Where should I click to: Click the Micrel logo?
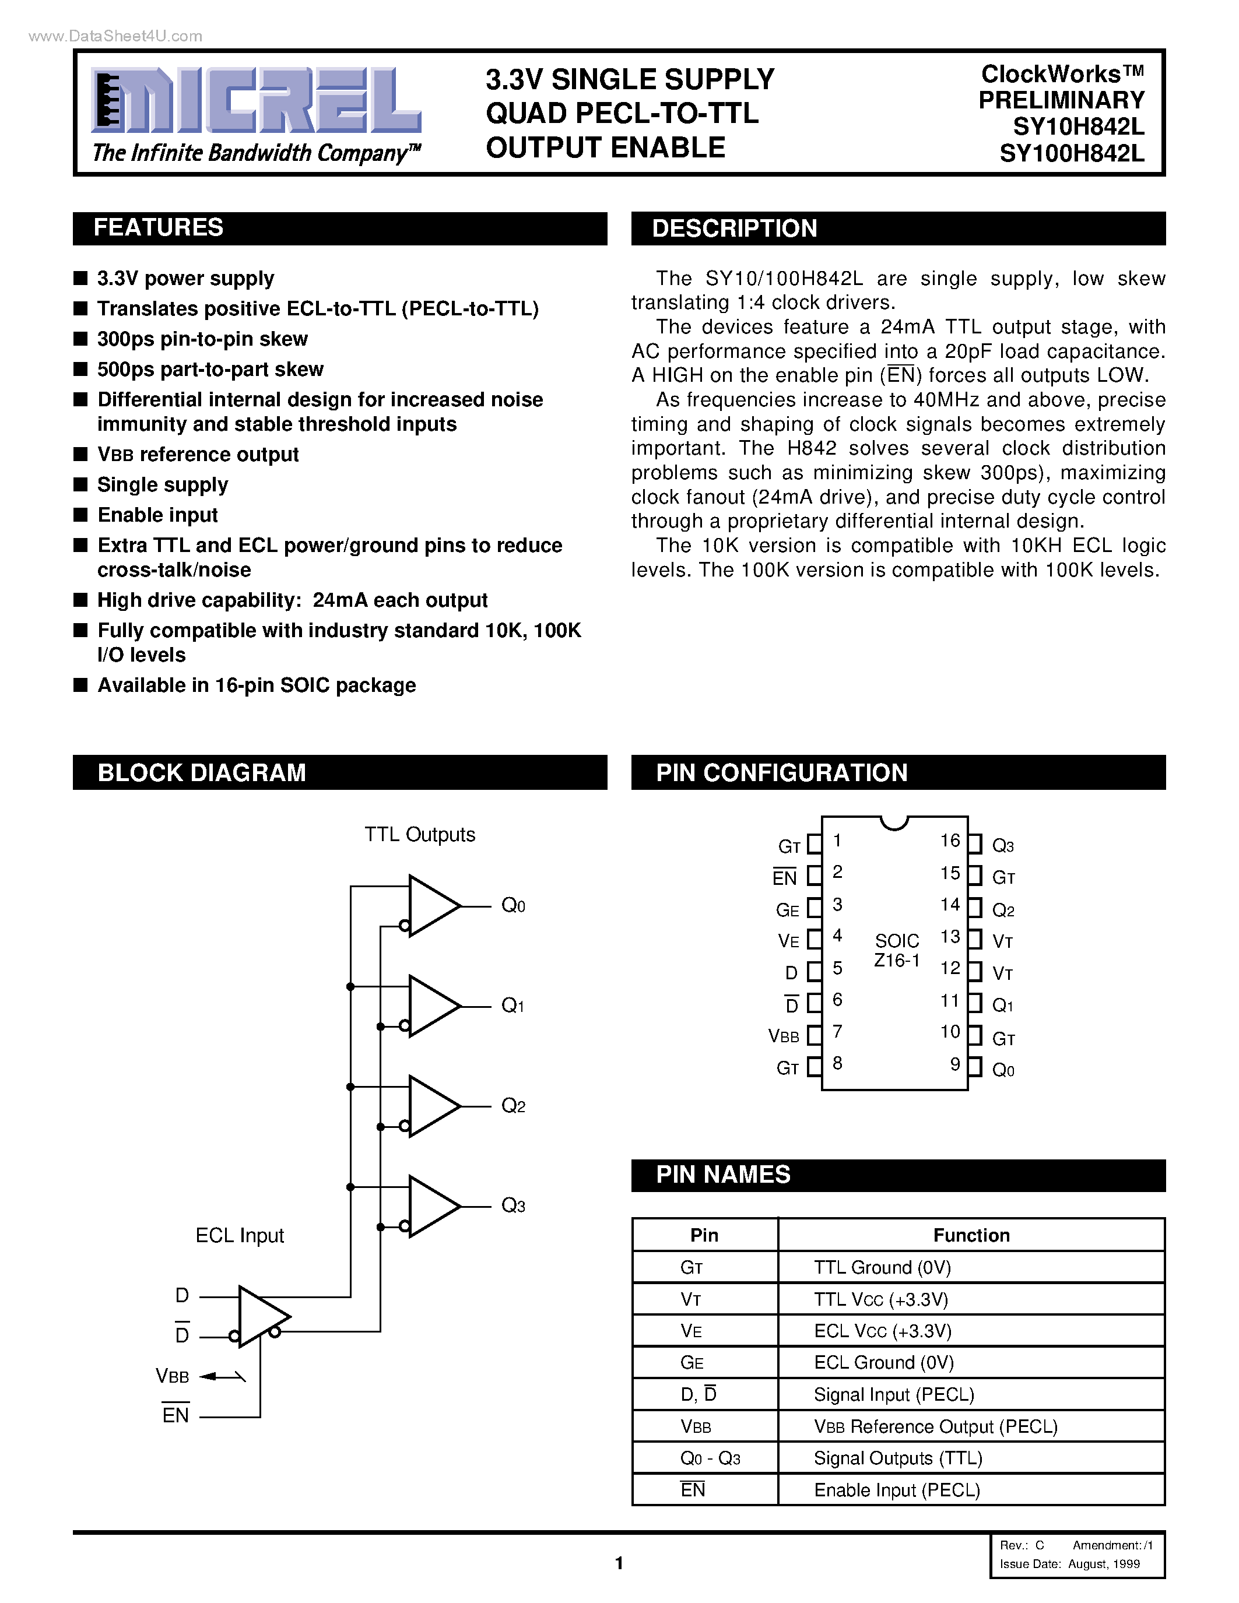pos(255,101)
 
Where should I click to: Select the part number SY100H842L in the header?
pos(1071,153)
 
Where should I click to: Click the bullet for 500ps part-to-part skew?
pos(80,369)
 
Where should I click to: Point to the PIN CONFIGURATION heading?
pos(782,772)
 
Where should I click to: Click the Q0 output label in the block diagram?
pos(513,906)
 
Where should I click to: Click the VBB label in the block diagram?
pos(173,1376)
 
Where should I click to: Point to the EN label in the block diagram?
pos(176,1416)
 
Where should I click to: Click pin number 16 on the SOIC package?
pos(950,841)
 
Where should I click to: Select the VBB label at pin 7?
pos(783,1036)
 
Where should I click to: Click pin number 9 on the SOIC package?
pos(955,1064)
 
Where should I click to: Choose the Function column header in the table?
pos(971,1235)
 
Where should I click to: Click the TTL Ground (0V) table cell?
pos(882,1268)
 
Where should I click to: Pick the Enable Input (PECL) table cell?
pos(897,1490)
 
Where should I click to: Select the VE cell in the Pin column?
pos(692,1331)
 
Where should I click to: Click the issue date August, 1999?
pos(1103,1564)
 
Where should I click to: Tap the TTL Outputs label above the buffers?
pos(420,835)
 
